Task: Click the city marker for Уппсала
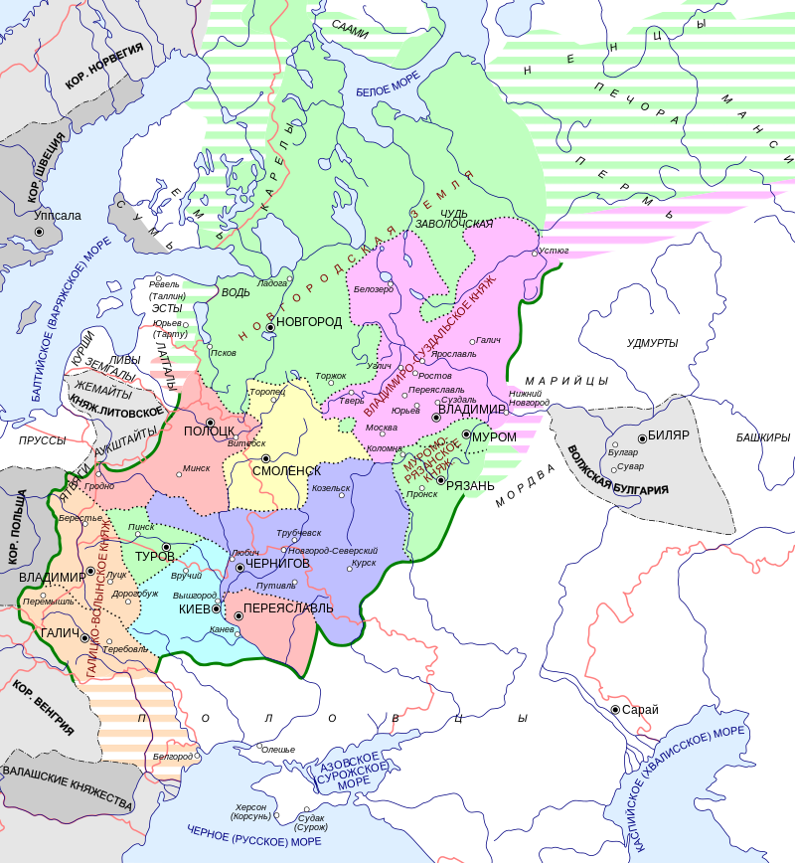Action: coord(41,232)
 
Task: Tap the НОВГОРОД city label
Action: coord(309,322)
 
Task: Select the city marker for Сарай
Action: coord(615,709)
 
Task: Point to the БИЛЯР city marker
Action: coord(642,437)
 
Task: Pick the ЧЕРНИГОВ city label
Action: coord(278,564)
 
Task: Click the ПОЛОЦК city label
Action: coord(209,431)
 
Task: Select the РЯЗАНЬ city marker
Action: coord(440,480)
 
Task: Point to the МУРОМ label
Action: coord(494,436)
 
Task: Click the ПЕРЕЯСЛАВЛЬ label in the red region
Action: coord(288,607)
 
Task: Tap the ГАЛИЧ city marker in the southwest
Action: coord(85,638)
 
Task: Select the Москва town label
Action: coord(382,429)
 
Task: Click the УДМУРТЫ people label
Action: coord(652,343)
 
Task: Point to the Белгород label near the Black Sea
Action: coord(172,757)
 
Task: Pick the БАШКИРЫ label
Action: coord(763,437)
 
